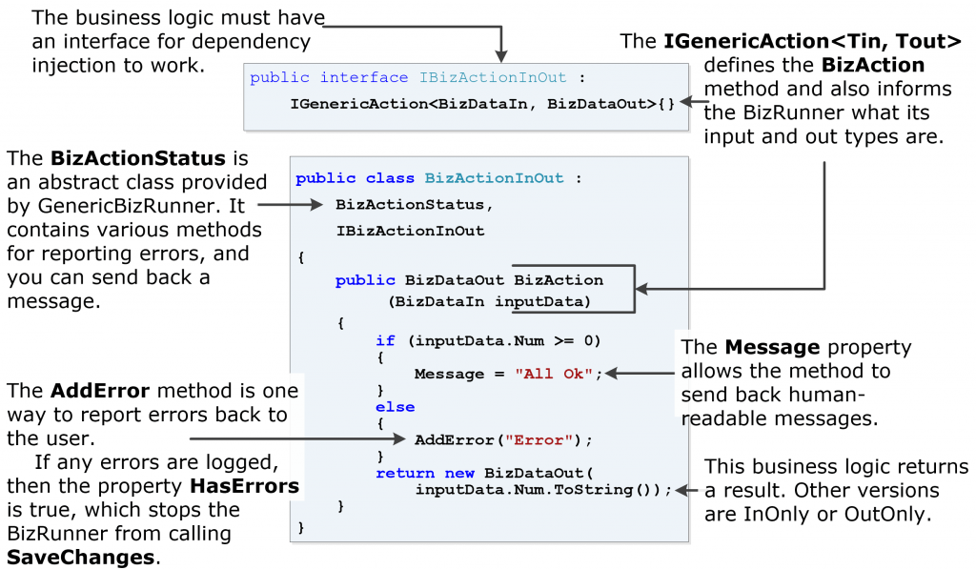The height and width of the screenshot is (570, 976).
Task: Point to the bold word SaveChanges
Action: pyautogui.click(x=80, y=557)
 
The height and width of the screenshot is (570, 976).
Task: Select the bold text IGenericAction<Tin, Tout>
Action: pyautogui.click(x=812, y=41)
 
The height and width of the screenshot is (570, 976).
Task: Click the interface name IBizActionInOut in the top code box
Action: pyautogui.click(x=493, y=78)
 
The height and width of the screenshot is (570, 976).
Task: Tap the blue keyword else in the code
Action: pyautogui.click(x=395, y=407)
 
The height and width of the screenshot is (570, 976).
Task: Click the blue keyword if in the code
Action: pyautogui.click(x=384, y=340)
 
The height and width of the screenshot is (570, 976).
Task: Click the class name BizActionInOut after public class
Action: pyautogui.click(x=494, y=178)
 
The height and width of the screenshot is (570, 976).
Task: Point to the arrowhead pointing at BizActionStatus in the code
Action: pyautogui.click(x=320, y=204)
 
